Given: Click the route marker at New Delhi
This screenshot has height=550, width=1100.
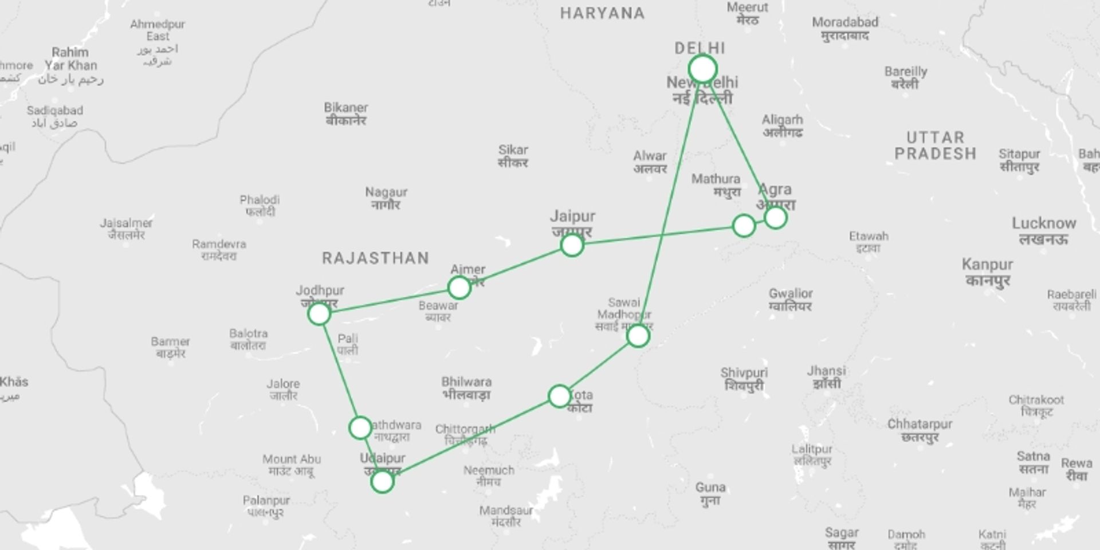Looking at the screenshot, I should click(x=702, y=69).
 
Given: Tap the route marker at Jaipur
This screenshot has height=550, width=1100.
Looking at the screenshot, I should click(x=572, y=245).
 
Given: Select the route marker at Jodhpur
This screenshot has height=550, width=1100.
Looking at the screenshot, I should click(x=319, y=313).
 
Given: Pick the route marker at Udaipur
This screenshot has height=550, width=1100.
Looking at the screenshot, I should click(x=382, y=482).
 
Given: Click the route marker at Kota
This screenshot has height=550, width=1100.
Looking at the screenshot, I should click(x=559, y=396).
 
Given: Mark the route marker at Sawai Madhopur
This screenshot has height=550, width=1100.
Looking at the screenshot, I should click(x=638, y=336).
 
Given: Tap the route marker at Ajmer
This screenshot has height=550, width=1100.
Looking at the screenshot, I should click(x=459, y=288).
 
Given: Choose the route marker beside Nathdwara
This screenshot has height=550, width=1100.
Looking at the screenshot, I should click(x=360, y=427).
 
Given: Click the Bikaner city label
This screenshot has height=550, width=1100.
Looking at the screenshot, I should click(x=345, y=113).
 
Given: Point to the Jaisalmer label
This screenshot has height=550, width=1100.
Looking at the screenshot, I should click(x=126, y=228).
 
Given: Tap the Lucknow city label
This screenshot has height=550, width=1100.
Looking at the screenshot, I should click(x=1043, y=230).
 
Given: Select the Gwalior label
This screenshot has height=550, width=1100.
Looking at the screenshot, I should click(x=791, y=300).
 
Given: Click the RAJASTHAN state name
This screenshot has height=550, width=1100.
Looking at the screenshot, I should click(x=375, y=258).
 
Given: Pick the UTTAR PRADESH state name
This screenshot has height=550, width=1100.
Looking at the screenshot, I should click(x=935, y=146).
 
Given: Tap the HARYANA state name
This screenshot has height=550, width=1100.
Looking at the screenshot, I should click(x=602, y=13).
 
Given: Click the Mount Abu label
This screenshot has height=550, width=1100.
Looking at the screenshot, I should click(x=292, y=465).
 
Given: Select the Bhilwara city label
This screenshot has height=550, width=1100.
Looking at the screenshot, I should click(x=466, y=388).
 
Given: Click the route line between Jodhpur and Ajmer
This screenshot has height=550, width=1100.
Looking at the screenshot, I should click(x=390, y=301).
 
